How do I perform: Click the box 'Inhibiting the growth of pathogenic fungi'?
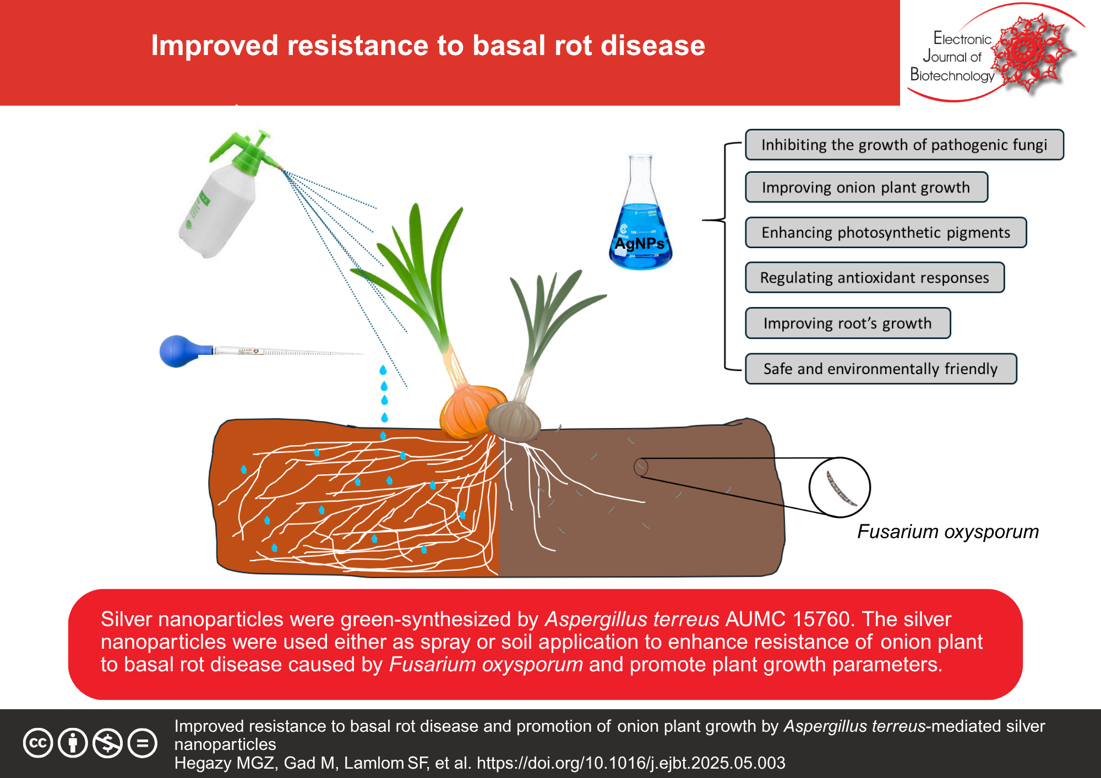click(x=904, y=145)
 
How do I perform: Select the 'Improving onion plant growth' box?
click(x=866, y=188)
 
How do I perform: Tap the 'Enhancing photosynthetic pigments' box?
click(x=885, y=233)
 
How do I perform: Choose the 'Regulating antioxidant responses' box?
click(x=874, y=278)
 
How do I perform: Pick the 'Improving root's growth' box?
click(x=847, y=324)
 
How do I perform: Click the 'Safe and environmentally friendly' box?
click(x=880, y=369)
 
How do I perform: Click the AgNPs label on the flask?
click(x=639, y=243)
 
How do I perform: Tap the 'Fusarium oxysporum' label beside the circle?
click(x=947, y=532)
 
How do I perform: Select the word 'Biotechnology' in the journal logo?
click(x=952, y=75)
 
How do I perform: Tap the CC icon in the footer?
click(x=37, y=743)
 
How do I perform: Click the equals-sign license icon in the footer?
click(x=142, y=743)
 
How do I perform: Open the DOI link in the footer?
click(x=631, y=763)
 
